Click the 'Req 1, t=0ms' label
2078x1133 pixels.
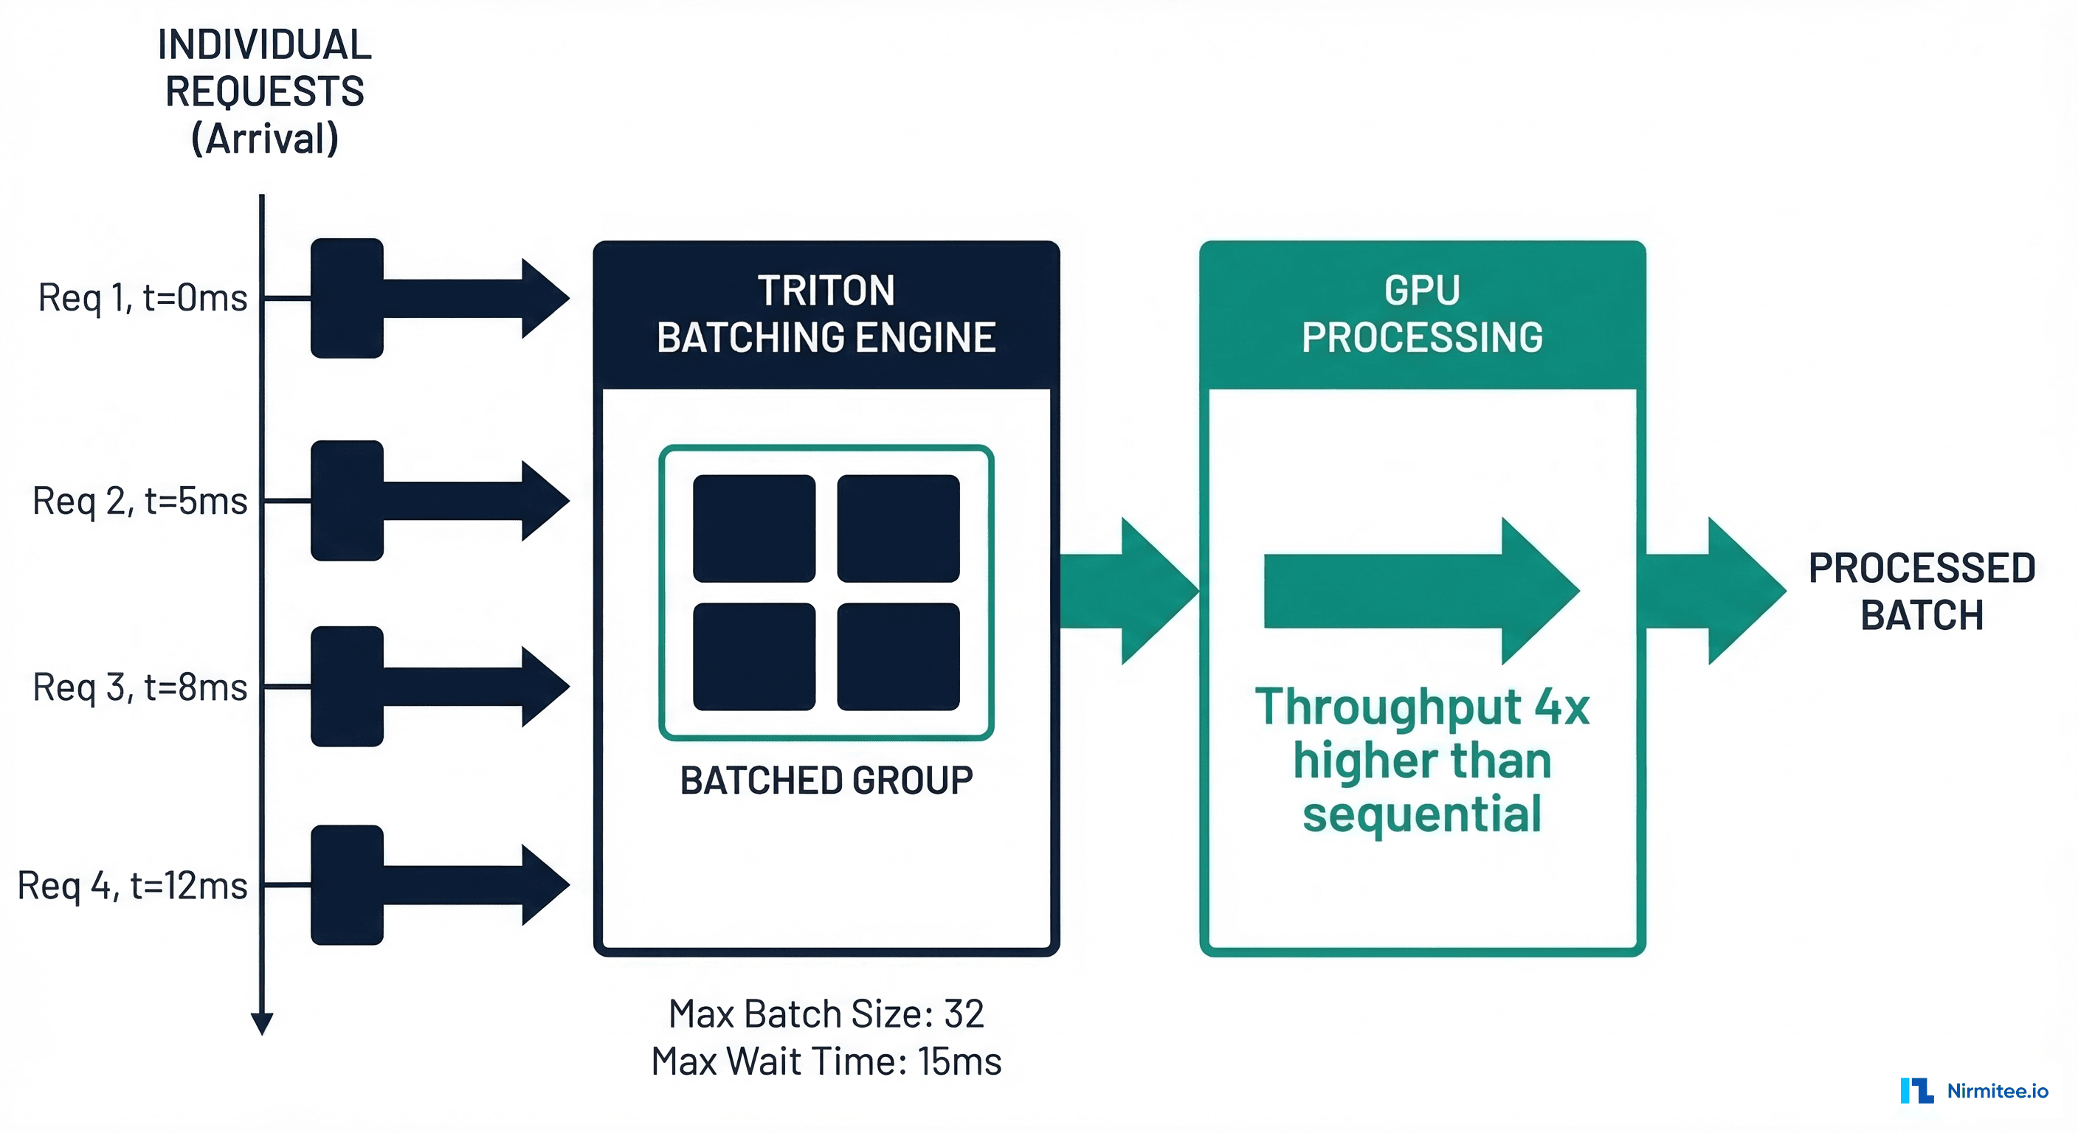point(142,297)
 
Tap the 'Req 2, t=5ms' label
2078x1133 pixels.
point(139,501)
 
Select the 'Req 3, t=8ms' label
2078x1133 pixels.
point(139,687)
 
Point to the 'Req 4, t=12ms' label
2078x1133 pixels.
point(132,885)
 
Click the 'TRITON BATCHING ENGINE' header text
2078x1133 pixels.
point(826,314)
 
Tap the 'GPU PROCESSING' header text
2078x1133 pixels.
point(1421,314)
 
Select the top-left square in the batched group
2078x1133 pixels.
point(753,528)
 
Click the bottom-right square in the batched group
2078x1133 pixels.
point(898,656)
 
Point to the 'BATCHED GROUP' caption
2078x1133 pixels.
point(826,780)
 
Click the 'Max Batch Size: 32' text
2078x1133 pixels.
point(826,1014)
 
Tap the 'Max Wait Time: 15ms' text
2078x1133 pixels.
point(826,1061)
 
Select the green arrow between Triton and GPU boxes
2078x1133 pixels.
point(1129,591)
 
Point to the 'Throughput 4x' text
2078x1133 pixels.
point(1421,707)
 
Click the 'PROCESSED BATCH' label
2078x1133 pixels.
point(1922,591)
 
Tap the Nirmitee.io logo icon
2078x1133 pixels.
point(1916,1090)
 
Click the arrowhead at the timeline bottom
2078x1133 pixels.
point(262,1024)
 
